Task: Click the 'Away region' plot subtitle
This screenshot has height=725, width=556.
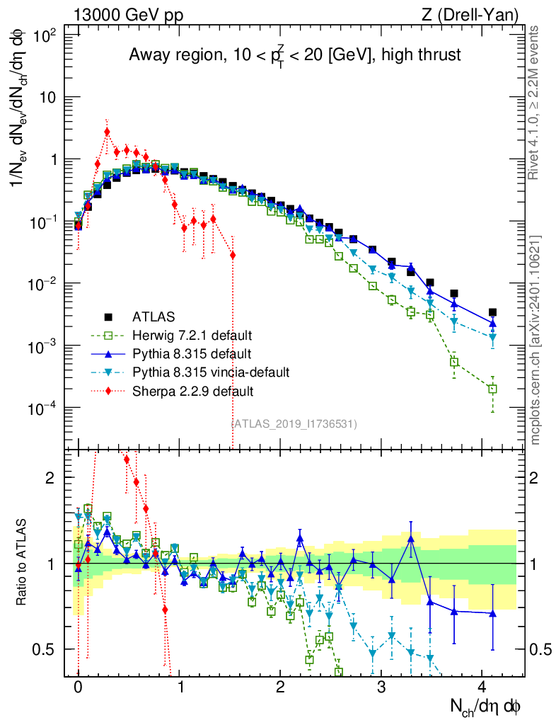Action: (295, 55)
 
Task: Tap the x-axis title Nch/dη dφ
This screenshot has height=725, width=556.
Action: (486, 705)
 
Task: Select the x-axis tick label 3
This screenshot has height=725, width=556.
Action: (381, 687)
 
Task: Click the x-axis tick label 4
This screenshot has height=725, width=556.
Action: (482, 687)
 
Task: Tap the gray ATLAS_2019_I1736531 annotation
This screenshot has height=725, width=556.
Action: (294, 423)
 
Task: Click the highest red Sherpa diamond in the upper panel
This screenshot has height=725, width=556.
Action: (107, 131)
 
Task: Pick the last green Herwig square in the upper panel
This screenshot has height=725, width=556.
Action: (492, 389)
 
